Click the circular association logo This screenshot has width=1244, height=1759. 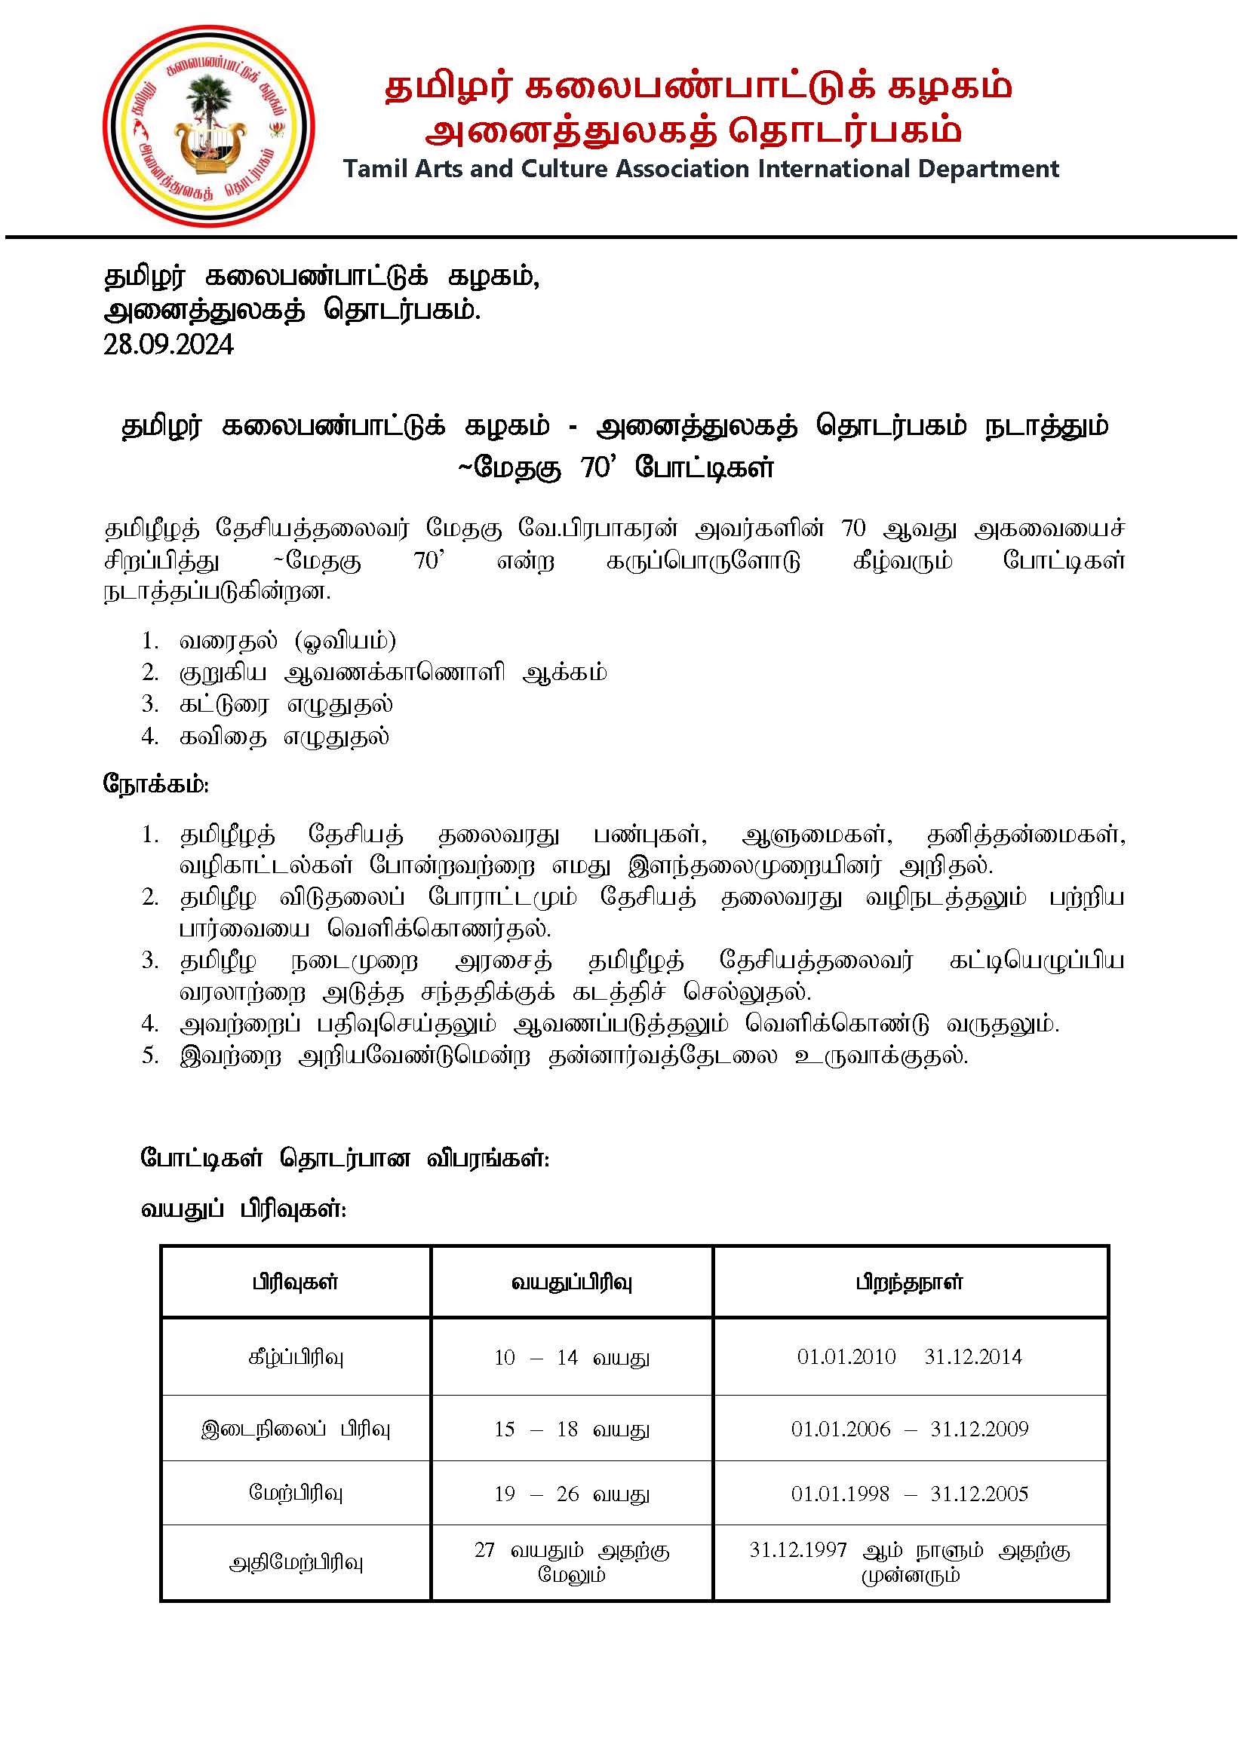point(208,127)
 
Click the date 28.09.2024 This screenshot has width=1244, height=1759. point(169,345)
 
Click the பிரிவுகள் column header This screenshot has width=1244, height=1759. point(295,1282)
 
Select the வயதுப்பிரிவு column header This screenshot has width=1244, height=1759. point(572,1282)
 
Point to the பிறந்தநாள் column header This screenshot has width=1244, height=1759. point(910,1282)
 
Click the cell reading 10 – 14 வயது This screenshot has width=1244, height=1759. point(572,1358)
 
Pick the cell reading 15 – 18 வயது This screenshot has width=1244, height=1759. point(572,1429)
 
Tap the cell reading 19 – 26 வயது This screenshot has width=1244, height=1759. point(572,1494)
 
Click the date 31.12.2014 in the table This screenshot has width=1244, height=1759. point(972,1357)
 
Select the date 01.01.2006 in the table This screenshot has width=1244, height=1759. point(841,1429)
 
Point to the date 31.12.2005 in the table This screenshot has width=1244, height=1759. point(978,1494)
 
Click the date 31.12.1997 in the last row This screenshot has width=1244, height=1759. point(798,1550)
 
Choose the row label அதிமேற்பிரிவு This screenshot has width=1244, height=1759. point(295,1563)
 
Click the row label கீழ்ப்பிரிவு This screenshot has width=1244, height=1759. point(295,1358)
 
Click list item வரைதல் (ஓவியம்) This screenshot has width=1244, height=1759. point(287,640)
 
